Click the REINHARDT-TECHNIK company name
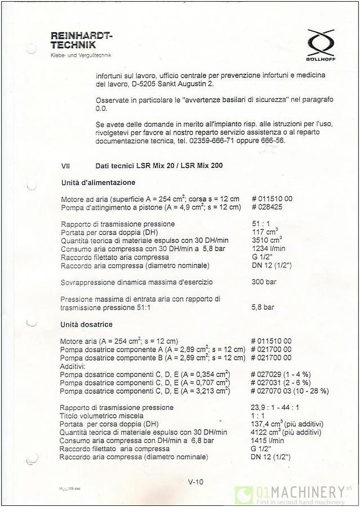tap(82, 40)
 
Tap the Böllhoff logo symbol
tap(320, 43)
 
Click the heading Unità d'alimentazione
tap(98, 183)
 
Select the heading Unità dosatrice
tap(87, 324)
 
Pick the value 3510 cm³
tap(265, 240)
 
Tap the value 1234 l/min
tap(268, 248)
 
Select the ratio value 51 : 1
tap(261, 224)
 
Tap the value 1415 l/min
tap(268, 441)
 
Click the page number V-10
tap(195, 482)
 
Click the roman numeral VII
tap(66, 166)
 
